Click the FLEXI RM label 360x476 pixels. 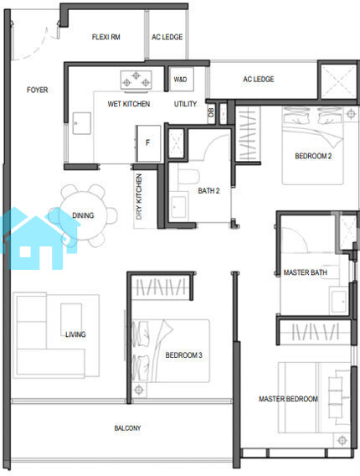[106, 37]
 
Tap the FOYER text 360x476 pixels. [38, 90]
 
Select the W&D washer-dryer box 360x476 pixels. [181, 80]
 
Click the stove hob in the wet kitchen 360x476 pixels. [136, 80]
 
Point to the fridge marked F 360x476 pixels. [147, 143]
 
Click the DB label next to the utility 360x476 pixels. [211, 112]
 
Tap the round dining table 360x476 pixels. [83, 215]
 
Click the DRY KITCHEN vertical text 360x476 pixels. [139, 196]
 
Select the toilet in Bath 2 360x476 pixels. [188, 176]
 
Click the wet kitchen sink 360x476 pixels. [81, 123]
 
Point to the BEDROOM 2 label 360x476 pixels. [313, 156]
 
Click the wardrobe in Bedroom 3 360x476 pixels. [161, 287]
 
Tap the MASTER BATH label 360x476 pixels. [306, 272]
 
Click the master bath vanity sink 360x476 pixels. [339, 302]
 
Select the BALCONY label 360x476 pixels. [128, 428]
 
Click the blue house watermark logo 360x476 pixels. [39, 238]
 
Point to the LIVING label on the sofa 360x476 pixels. [75, 334]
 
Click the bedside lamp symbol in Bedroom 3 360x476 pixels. [139, 390]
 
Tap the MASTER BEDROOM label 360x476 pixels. [289, 399]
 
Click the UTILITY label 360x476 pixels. [185, 104]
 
